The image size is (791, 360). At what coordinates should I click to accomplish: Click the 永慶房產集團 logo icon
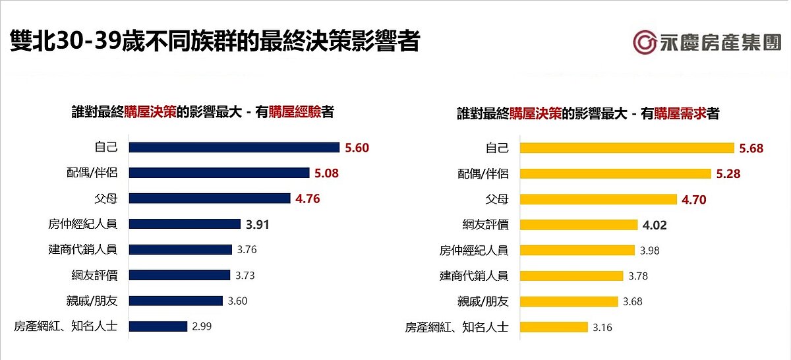pyautogui.click(x=645, y=42)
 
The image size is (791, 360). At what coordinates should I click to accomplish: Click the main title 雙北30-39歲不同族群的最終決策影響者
pyautogui.click(x=214, y=42)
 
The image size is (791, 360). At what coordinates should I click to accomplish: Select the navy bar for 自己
pyautogui.click(x=233, y=148)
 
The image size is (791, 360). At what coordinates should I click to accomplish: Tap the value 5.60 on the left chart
pyautogui.click(x=357, y=148)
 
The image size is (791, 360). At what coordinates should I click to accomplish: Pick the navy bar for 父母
pyautogui.click(x=209, y=198)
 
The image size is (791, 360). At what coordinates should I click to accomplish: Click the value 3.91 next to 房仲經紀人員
pyautogui.click(x=258, y=224)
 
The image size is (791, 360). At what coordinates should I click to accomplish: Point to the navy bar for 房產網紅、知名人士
pyautogui.click(x=158, y=326)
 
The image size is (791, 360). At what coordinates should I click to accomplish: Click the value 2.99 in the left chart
pyautogui.click(x=202, y=326)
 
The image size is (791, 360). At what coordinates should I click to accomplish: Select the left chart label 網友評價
pyautogui.click(x=94, y=275)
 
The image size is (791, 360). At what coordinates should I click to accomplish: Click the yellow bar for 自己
pyautogui.click(x=627, y=148)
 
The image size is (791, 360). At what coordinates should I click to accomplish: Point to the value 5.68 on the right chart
pyautogui.click(x=751, y=148)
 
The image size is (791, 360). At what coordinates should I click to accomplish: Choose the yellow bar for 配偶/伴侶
pyautogui.click(x=615, y=174)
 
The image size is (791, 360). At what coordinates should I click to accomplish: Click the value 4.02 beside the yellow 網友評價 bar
pyautogui.click(x=655, y=225)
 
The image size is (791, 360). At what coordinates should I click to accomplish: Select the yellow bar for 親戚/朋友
pyautogui.click(x=570, y=301)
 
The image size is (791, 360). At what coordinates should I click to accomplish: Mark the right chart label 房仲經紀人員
pyautogui.click(x=474, y=251)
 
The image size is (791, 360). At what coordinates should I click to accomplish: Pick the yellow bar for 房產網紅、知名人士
pyautogui.click(x=554, y=327)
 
